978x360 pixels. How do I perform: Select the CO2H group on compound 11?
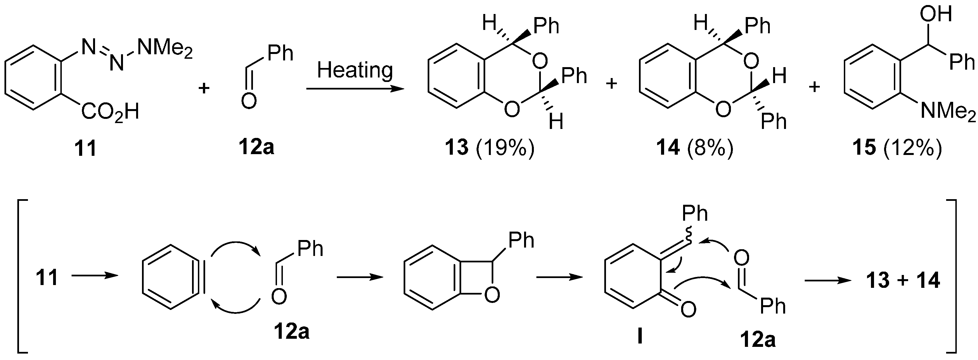pos(110,112)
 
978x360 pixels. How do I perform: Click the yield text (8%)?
pos(710,148)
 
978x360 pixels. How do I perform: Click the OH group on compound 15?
pos(936,15)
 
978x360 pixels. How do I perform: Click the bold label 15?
pos(864,148)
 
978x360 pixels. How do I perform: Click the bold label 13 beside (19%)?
pos(456,148)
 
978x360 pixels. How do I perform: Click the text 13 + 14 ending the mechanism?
pos(903,280)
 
